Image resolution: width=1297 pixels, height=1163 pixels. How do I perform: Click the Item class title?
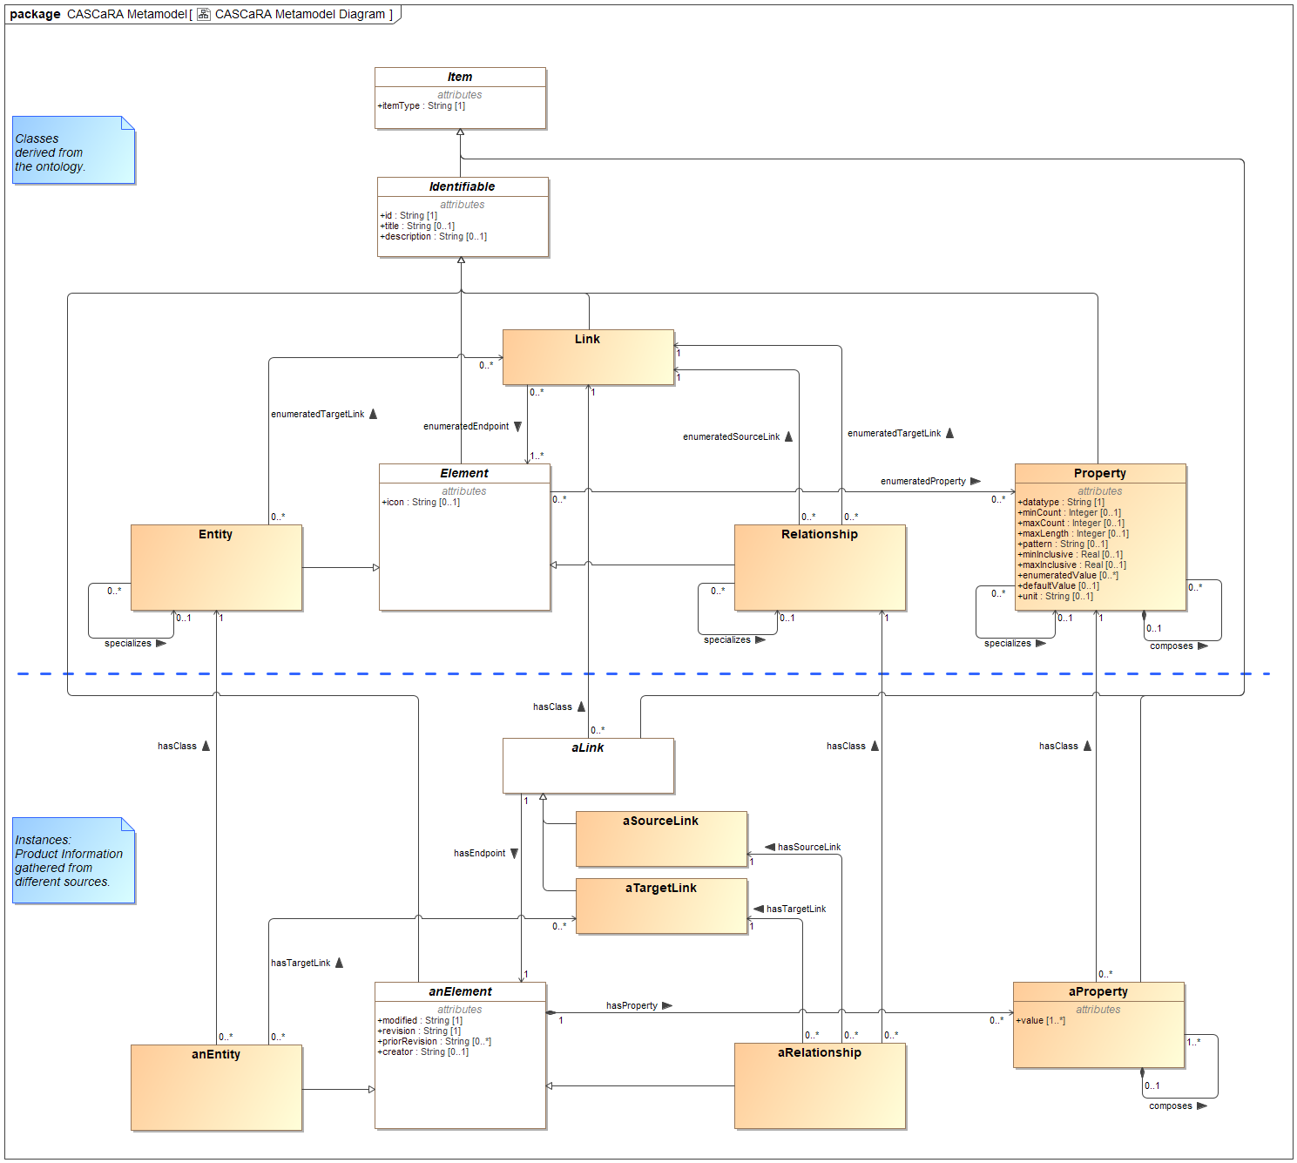[460, 77]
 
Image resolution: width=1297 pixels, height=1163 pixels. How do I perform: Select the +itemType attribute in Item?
[422, 106]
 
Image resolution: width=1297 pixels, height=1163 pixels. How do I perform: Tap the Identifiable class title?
[462, 186]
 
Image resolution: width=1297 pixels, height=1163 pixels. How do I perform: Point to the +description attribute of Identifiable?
[433, 237]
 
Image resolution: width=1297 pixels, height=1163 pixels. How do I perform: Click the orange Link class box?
[588, 357]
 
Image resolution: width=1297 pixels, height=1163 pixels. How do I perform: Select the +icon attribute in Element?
[421, 503]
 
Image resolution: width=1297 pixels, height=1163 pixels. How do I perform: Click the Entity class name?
[215, 534]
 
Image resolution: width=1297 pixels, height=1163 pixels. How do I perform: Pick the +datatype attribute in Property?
[1061, 503]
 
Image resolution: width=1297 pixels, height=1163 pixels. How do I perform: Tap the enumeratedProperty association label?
[922, 481]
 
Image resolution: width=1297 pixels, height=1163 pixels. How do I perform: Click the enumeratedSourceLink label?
[731, 436]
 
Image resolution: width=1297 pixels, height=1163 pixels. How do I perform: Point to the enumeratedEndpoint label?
[466, 426]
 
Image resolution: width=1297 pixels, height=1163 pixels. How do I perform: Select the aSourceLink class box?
[661, 839]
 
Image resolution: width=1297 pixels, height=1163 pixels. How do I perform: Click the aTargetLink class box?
[661, 906]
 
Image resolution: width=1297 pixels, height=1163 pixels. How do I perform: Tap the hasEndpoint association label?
[479, 853]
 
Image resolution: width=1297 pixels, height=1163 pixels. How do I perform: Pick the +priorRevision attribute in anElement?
[434, 1042]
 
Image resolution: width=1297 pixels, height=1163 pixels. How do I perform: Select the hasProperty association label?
[632, 1005]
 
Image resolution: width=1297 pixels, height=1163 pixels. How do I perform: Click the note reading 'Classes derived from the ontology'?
[73, 152]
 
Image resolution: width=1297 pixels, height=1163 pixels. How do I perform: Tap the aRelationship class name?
[819, 1052]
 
